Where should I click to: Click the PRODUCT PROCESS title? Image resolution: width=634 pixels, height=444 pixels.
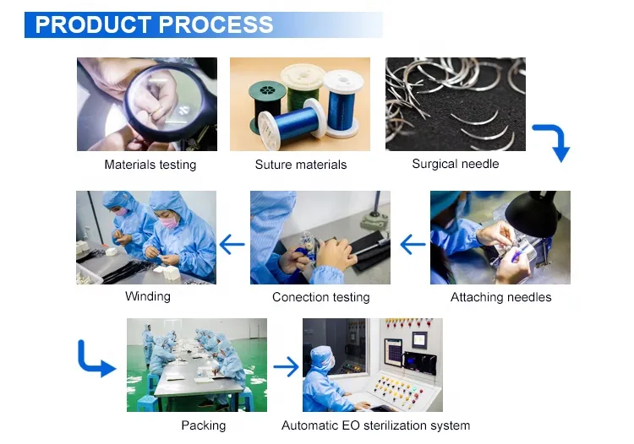[154, 24]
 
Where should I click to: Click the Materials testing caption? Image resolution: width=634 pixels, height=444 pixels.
[150, 165]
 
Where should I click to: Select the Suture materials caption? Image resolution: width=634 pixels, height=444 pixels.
[300, 165]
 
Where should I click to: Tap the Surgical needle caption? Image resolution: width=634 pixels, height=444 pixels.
[455, 164]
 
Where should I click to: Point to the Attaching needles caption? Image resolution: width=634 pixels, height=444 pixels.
[500, 297]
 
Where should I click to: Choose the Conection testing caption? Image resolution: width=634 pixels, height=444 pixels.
[320, 297]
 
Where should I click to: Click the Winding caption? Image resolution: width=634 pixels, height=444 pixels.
[147, 296]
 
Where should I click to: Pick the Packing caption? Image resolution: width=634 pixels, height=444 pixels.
[203, 425]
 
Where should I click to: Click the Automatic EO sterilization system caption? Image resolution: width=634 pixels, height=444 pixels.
[375, 425]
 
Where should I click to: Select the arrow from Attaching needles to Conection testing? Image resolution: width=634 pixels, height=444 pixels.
[413, 246]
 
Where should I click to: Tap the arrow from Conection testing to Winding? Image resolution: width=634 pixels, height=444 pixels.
[232, 246]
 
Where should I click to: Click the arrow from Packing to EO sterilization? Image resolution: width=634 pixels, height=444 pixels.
[286, 366]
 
